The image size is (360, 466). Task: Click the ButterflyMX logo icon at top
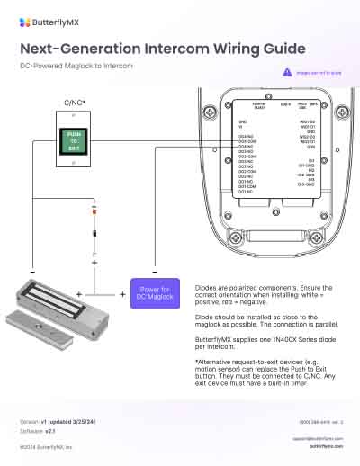tap(25, 20)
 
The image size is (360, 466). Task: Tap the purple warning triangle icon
tap(287, 71)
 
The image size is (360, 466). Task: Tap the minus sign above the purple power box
tap(155, 272)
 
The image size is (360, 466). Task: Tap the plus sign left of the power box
tap(123, 294)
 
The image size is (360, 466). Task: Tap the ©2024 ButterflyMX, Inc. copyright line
tap(47, 445)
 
